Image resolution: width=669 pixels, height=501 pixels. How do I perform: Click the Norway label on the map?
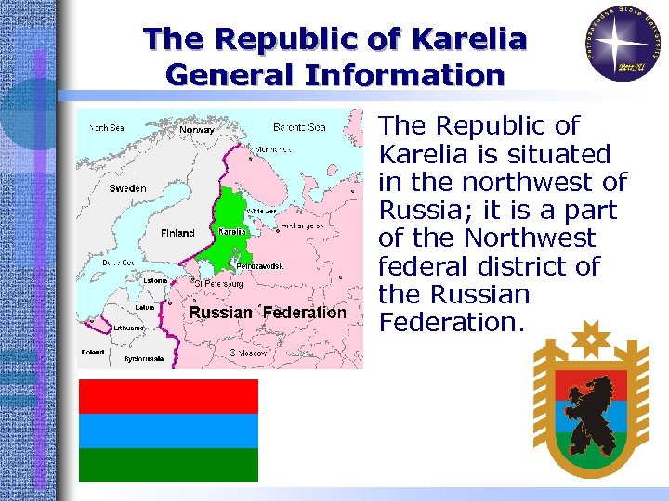tap(196, 130)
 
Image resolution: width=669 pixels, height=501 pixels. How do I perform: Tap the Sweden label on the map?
tap(127, 188)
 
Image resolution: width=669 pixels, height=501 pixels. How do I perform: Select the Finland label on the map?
tap(177, 233)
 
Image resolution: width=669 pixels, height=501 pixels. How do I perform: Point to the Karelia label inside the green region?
tap(231, 231)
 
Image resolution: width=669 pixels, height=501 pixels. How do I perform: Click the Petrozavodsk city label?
tap(260, 266)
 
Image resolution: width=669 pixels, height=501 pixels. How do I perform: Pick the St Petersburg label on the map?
tap(223, 283)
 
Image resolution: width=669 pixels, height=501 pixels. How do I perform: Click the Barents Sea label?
tap(299, 127)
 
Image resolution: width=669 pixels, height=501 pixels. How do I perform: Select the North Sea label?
tap(107, 127)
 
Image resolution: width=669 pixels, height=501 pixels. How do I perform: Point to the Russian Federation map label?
tap(268, 313)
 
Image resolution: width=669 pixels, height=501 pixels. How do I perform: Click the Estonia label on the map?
tap(155, 280)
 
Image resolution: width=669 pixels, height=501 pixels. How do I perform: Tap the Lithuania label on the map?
tap(129, 328)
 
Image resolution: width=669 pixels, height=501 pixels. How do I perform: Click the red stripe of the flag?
tap(168, 396)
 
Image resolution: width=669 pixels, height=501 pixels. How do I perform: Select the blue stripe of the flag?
tap(168, 430)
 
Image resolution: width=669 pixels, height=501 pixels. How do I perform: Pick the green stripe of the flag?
tap(168, 465)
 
